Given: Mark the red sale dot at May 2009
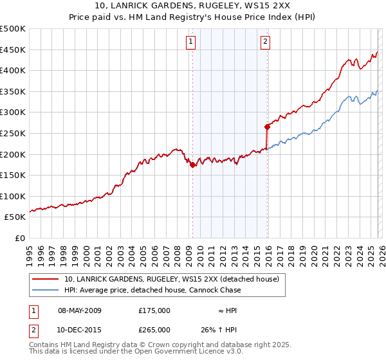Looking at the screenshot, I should (x=192, y=165).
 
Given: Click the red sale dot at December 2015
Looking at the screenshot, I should (x=267, y=127).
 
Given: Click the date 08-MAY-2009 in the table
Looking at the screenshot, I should (x=80, y=310).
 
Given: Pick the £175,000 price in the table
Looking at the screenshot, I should (x=154, y=310).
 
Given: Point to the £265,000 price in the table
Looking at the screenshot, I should (x=154, y=329).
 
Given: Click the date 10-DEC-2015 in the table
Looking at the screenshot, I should (x=80, y=329).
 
